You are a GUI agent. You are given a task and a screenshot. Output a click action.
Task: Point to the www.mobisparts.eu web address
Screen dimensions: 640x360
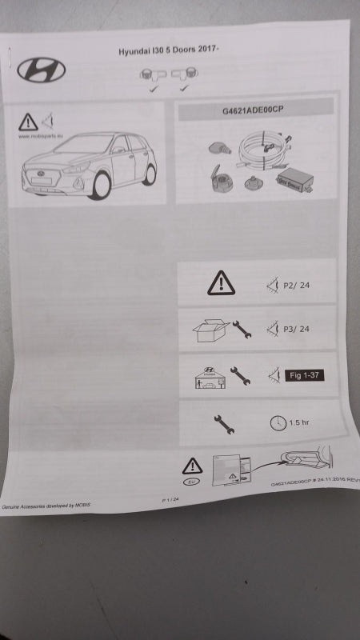click(x=37, y=136)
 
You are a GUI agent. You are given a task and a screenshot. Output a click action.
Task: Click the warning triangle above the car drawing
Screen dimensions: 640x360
click(x=29, y=122)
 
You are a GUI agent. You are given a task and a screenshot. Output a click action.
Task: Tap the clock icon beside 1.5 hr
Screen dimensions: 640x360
click(x=277, y=423)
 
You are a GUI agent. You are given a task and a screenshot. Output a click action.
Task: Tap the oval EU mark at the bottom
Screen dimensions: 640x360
click(x=192, y=483)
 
